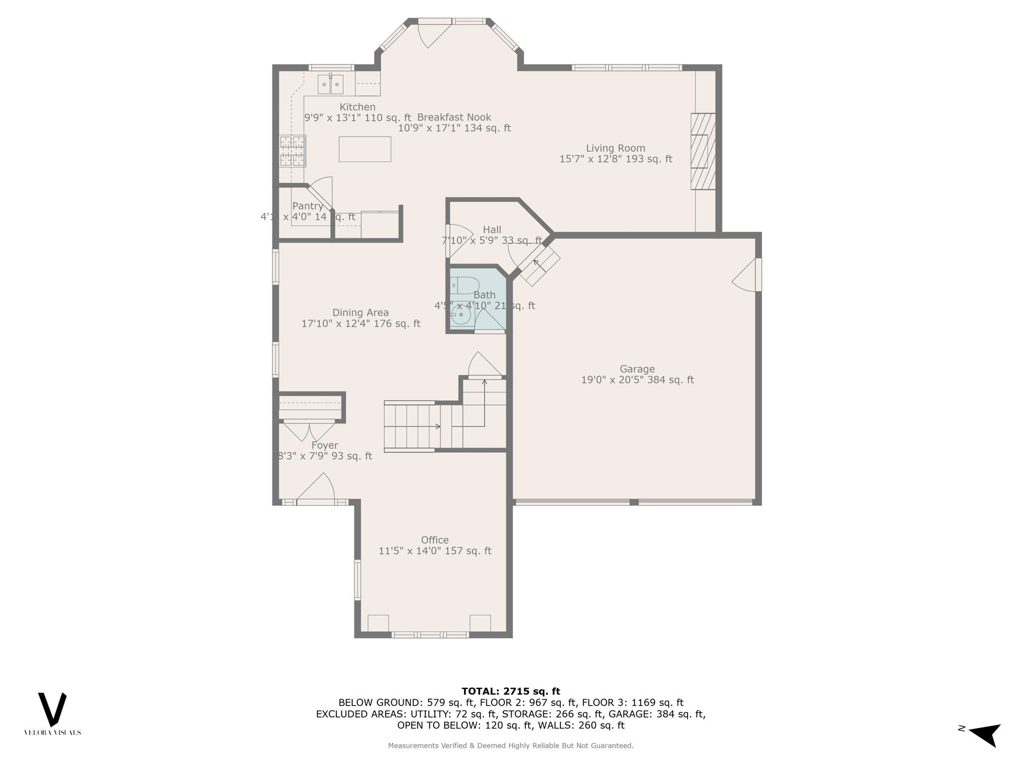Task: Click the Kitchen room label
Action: (357, 107)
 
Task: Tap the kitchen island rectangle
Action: (365, 149)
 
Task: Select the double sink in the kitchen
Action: (330, 84)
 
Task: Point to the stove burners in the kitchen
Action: (292, 150)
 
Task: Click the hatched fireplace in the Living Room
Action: (703, 151)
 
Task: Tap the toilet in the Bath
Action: (465, 286)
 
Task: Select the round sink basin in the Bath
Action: (460, 315)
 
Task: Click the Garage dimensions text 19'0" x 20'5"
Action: (637, 380)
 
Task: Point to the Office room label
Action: (435, 540)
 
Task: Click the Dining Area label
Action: (360, 313)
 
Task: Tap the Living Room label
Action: (615, 148)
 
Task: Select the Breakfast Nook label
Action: (454, 117)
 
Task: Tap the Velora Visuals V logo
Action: (52, 709)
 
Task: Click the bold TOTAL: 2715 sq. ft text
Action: (511, 691)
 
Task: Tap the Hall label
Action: (492, 230)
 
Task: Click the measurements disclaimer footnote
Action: (511, 746)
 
